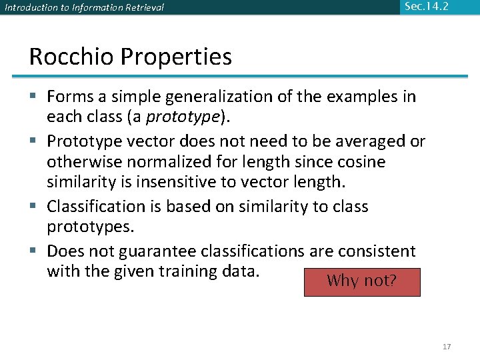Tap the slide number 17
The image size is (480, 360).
447,347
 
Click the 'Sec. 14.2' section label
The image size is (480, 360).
426,7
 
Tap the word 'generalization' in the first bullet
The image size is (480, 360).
199,97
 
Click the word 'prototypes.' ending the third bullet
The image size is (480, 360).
91,227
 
